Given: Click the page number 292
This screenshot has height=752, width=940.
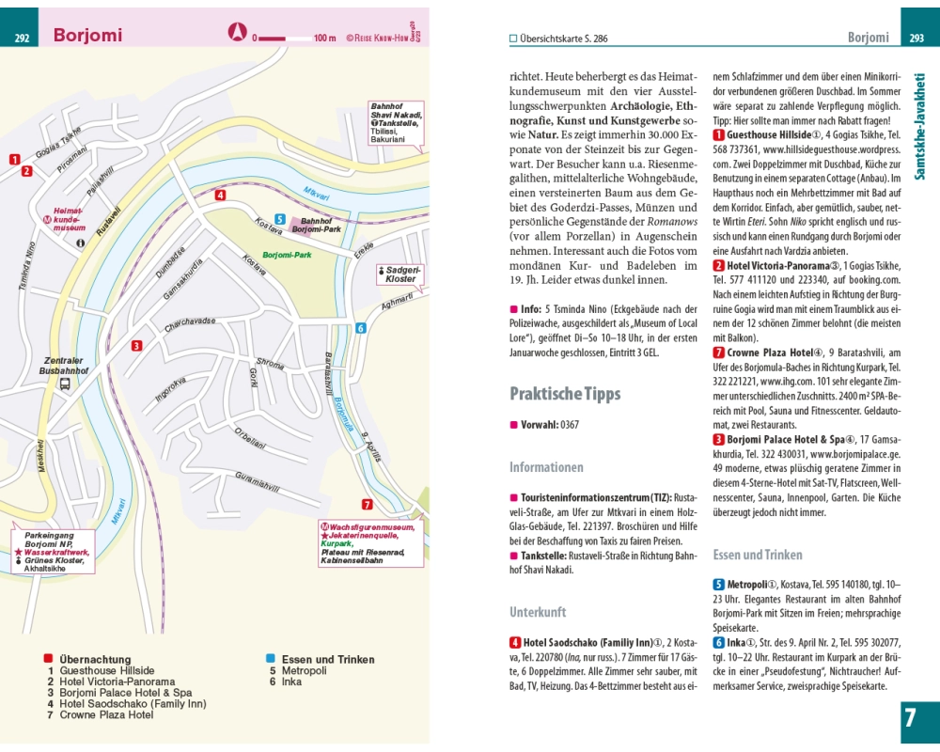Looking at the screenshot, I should point(22,38).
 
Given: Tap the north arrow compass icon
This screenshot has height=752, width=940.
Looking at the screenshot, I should point(236,34).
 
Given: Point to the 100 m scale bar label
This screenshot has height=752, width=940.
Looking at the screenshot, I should point(325,39).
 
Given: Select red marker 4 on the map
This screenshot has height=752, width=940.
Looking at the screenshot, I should point(220,195).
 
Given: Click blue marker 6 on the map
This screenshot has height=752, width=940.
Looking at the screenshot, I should point(361,328).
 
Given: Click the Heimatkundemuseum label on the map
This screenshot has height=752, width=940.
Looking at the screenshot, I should point(69,219).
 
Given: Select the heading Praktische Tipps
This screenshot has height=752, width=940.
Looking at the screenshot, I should point(565,394).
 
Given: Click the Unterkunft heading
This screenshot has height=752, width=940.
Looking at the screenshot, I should point(538,612).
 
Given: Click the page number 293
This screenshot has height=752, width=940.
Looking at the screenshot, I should point(917,39).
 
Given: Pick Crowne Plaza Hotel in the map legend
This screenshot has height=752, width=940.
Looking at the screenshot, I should point(106,714).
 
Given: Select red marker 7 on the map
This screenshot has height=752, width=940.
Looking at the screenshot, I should point(367,504).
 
